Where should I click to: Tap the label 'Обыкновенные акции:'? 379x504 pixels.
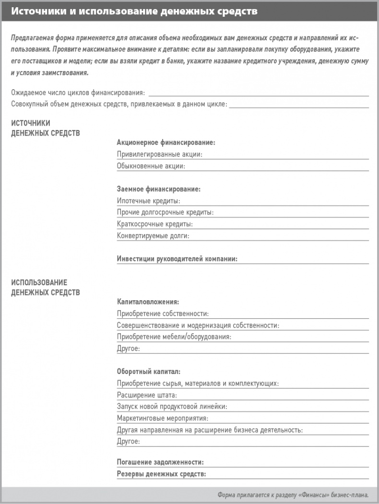point(151,166)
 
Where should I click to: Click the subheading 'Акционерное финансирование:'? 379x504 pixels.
point(166,142)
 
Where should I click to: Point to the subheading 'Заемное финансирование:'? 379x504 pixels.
point(159,189)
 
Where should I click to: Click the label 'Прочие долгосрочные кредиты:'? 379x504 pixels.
point(165,212)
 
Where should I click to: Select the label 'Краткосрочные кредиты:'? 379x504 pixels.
point(154,224)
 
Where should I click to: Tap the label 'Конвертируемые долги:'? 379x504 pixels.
point(153,235)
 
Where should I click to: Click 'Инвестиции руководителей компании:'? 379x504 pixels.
point(178,259)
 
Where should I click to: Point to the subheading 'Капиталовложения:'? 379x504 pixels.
point(148,302)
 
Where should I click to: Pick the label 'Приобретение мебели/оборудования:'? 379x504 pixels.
point(174,337)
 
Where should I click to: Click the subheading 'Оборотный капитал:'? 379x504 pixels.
point(149,372)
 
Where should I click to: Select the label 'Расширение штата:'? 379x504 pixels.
point(147,395)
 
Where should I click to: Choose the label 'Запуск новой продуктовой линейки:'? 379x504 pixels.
point(172,407)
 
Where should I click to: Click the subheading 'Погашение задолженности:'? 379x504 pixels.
point(160,462)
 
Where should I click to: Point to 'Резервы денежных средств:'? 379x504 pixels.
point(162,474)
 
